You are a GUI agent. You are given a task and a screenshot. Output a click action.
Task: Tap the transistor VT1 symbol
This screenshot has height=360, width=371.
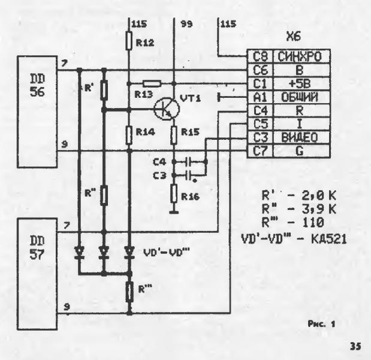(164, 109)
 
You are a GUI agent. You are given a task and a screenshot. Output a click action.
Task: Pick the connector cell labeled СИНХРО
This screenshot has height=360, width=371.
(298, 57)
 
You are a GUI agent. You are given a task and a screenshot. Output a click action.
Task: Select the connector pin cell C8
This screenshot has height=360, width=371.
(260, 57)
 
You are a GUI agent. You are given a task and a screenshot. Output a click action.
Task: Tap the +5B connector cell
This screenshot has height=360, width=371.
(298, 84)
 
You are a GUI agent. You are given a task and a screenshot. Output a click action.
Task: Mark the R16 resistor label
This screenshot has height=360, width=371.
(192, 196)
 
